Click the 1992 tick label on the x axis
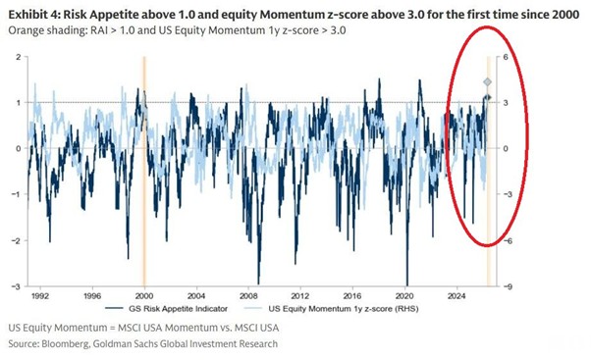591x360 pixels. pos(40,296)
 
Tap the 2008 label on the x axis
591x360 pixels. pos(248,296)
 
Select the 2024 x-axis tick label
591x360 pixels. pos(457,296)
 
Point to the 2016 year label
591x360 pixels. pos(352,296)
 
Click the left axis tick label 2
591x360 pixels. pos(19,57)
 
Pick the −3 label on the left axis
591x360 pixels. pos(16,286)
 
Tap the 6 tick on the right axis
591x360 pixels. pos(506,57)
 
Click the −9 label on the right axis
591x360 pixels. pos(508,287)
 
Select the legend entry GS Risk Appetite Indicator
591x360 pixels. pos(167,309)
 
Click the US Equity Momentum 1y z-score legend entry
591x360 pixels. pos(332,309)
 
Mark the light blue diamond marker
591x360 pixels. pos(487,82)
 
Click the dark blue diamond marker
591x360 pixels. pos(487,97)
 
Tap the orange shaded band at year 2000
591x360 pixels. pos(144,172)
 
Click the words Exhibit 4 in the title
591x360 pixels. pos(33,15)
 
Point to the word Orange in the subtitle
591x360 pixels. pos(26,30)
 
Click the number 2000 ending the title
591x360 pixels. pos(565,15)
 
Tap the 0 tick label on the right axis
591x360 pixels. pos(506,149)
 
